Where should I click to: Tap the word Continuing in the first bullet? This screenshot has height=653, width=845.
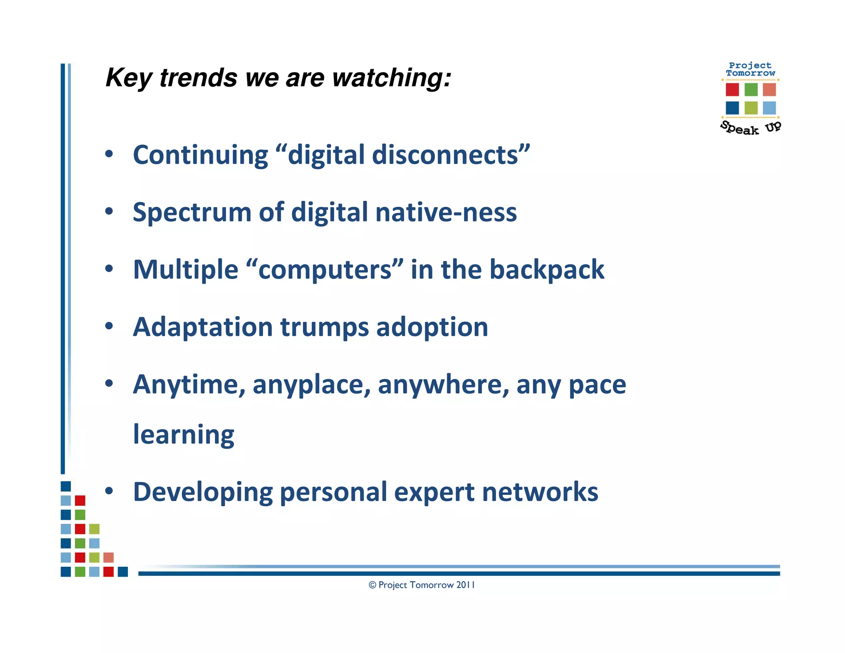click(201, 155)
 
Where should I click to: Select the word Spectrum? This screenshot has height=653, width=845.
click(192, 212)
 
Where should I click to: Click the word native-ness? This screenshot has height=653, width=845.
click(446, 212)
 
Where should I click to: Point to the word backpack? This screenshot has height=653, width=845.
click(547, 270)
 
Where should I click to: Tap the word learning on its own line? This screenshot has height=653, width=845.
click(184, 435)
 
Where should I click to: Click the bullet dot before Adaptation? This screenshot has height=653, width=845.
click(109, 326)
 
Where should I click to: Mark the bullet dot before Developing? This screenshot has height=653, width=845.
click(109, 491)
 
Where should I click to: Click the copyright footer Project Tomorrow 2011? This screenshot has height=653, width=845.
click(422, 585)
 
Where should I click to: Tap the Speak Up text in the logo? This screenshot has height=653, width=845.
click(751, 128)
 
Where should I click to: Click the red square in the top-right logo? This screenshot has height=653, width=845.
click(732, 89)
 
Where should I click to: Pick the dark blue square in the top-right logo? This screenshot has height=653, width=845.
click(732, 108)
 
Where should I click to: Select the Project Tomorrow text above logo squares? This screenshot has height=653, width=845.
click(750, 69)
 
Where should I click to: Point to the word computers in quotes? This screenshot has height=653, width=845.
click(325, 270)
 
